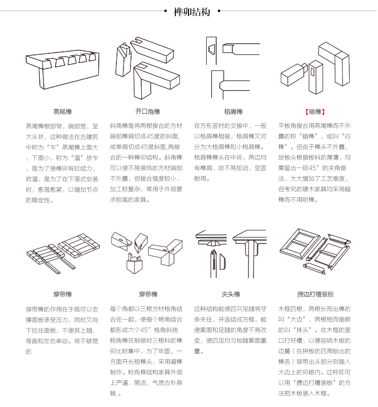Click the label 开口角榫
tap(148, 112)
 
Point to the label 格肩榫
tap(233, 112)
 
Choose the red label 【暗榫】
tap(316, 112)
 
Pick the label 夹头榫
tap(231, 294)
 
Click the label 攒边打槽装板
tap(316, 294)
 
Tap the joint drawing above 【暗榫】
tap(314, 68)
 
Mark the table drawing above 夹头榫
tap(232, 252)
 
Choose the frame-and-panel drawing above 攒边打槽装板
tap(315, 252)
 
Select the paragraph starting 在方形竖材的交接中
tap(231, 151)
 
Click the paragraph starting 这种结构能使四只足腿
tap(231, 330)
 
